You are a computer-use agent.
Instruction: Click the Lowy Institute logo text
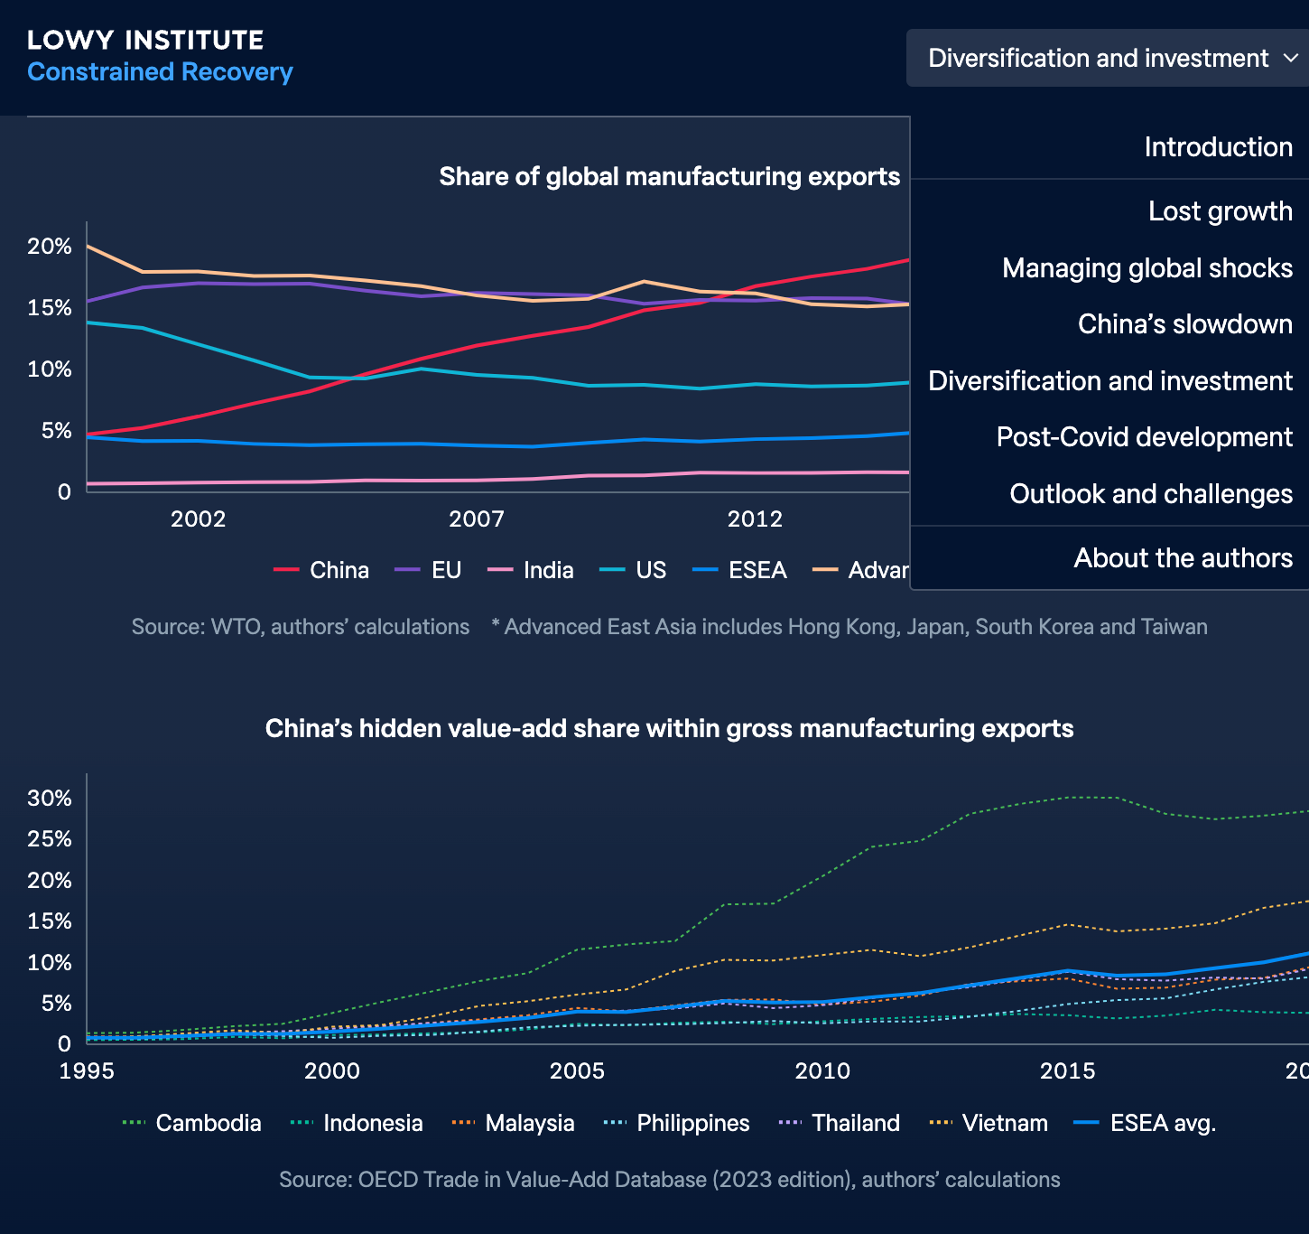click(145, 41)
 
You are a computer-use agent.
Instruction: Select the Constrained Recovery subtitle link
click(160, 72)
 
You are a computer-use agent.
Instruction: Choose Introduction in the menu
click(1218, 147)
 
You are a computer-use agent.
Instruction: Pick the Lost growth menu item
click(1220, 211)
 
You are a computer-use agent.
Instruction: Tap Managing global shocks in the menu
click(1147, 268)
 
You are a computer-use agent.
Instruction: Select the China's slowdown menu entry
click(1184, 324)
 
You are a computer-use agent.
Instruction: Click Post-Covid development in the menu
click(1144, 437)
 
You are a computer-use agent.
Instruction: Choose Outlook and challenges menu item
click(1150, 494)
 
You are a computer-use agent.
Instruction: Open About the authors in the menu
click(1183, 558)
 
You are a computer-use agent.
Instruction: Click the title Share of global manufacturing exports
click(669, 176)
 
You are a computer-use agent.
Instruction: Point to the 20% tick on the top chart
click(50, 247)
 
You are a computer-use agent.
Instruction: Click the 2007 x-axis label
click(477, 519)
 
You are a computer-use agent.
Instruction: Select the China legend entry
click(322, 570)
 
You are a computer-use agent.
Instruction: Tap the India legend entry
click(532, 570)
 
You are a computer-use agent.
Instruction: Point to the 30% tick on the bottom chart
click(50, 799)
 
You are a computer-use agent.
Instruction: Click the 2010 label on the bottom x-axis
click(822, 1071)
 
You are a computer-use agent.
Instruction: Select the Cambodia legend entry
click(192, 1123)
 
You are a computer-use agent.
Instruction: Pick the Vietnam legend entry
click(989, 1123)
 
